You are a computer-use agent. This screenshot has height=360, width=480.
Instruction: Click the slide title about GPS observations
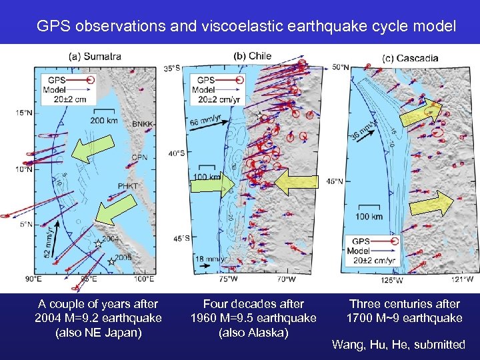247,27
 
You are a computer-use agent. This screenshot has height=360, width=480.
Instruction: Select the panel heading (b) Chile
252,56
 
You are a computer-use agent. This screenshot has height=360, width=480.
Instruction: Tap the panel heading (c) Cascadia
410,58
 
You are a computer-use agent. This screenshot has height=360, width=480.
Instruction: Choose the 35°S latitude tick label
172,69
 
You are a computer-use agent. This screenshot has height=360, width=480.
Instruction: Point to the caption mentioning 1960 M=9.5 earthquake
253,317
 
